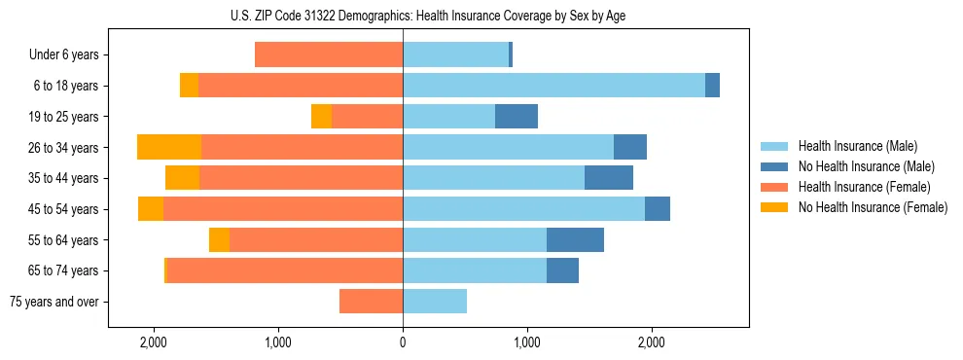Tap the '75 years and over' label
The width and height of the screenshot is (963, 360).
point(53,302)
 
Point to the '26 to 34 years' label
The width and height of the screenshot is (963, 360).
point(63,148)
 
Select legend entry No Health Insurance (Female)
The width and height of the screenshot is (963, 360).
point(873,207)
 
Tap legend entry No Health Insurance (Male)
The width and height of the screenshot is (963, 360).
point(866,166)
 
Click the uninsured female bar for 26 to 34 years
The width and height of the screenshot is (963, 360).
point(169,147)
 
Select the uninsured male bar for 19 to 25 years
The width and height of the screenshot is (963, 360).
point(517,117)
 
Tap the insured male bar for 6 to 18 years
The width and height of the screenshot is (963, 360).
point(553,86)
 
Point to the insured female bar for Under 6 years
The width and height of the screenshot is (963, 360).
point(329,55)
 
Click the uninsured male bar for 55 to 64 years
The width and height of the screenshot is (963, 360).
point(575,239)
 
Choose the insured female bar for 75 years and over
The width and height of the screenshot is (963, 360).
point(371,302)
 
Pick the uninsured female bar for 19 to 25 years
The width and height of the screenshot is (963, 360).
point(321,117)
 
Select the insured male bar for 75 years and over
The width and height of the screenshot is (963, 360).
point(435,302)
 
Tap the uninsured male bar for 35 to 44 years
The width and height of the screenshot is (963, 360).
point(609,178)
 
